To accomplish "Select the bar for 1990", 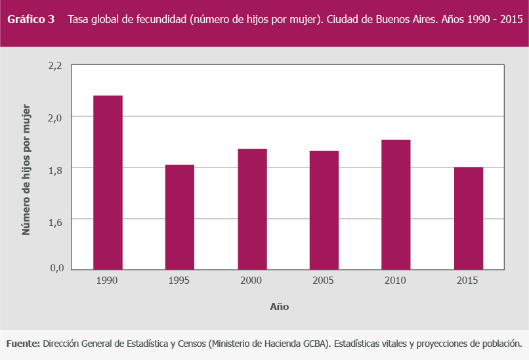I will pyautogui.click(x=108, y=182).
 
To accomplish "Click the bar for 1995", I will pyautogui.click(x=180, y=217).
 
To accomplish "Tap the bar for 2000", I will pyautogui.click(x=252, y=209).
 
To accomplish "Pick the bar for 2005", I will pyautogui.click(x=324, y=210).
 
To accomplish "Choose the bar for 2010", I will pyautogui.click(x=396, y=204).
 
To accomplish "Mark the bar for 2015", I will pyautogui.click(x=469, y=218).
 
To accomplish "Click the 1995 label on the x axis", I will pyautogui.click(x=179, y=281).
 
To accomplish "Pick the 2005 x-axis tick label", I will pyautogui.click(x=324, y=281).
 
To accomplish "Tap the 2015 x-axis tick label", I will pyautogui.click(x=468, y=281).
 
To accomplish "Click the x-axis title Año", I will pyautogui.click(x=279, y=307).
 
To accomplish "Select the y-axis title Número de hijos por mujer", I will pyautogui.click(x=26, y=169).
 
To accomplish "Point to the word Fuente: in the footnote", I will pyautogui.click(x=23, y=344).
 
